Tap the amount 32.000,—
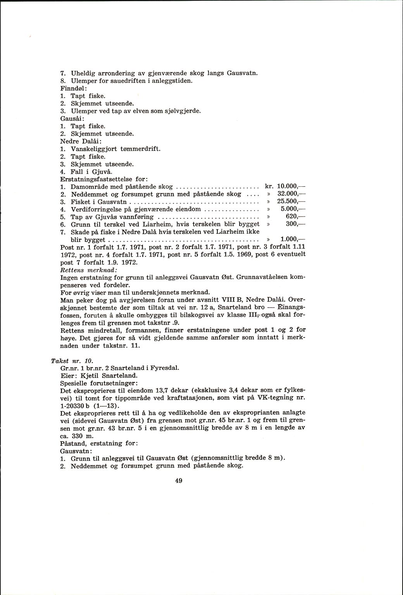290,194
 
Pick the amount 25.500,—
290,201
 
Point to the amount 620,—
293,217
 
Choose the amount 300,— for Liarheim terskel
293,224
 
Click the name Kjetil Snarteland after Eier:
113,375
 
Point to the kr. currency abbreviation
269,186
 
